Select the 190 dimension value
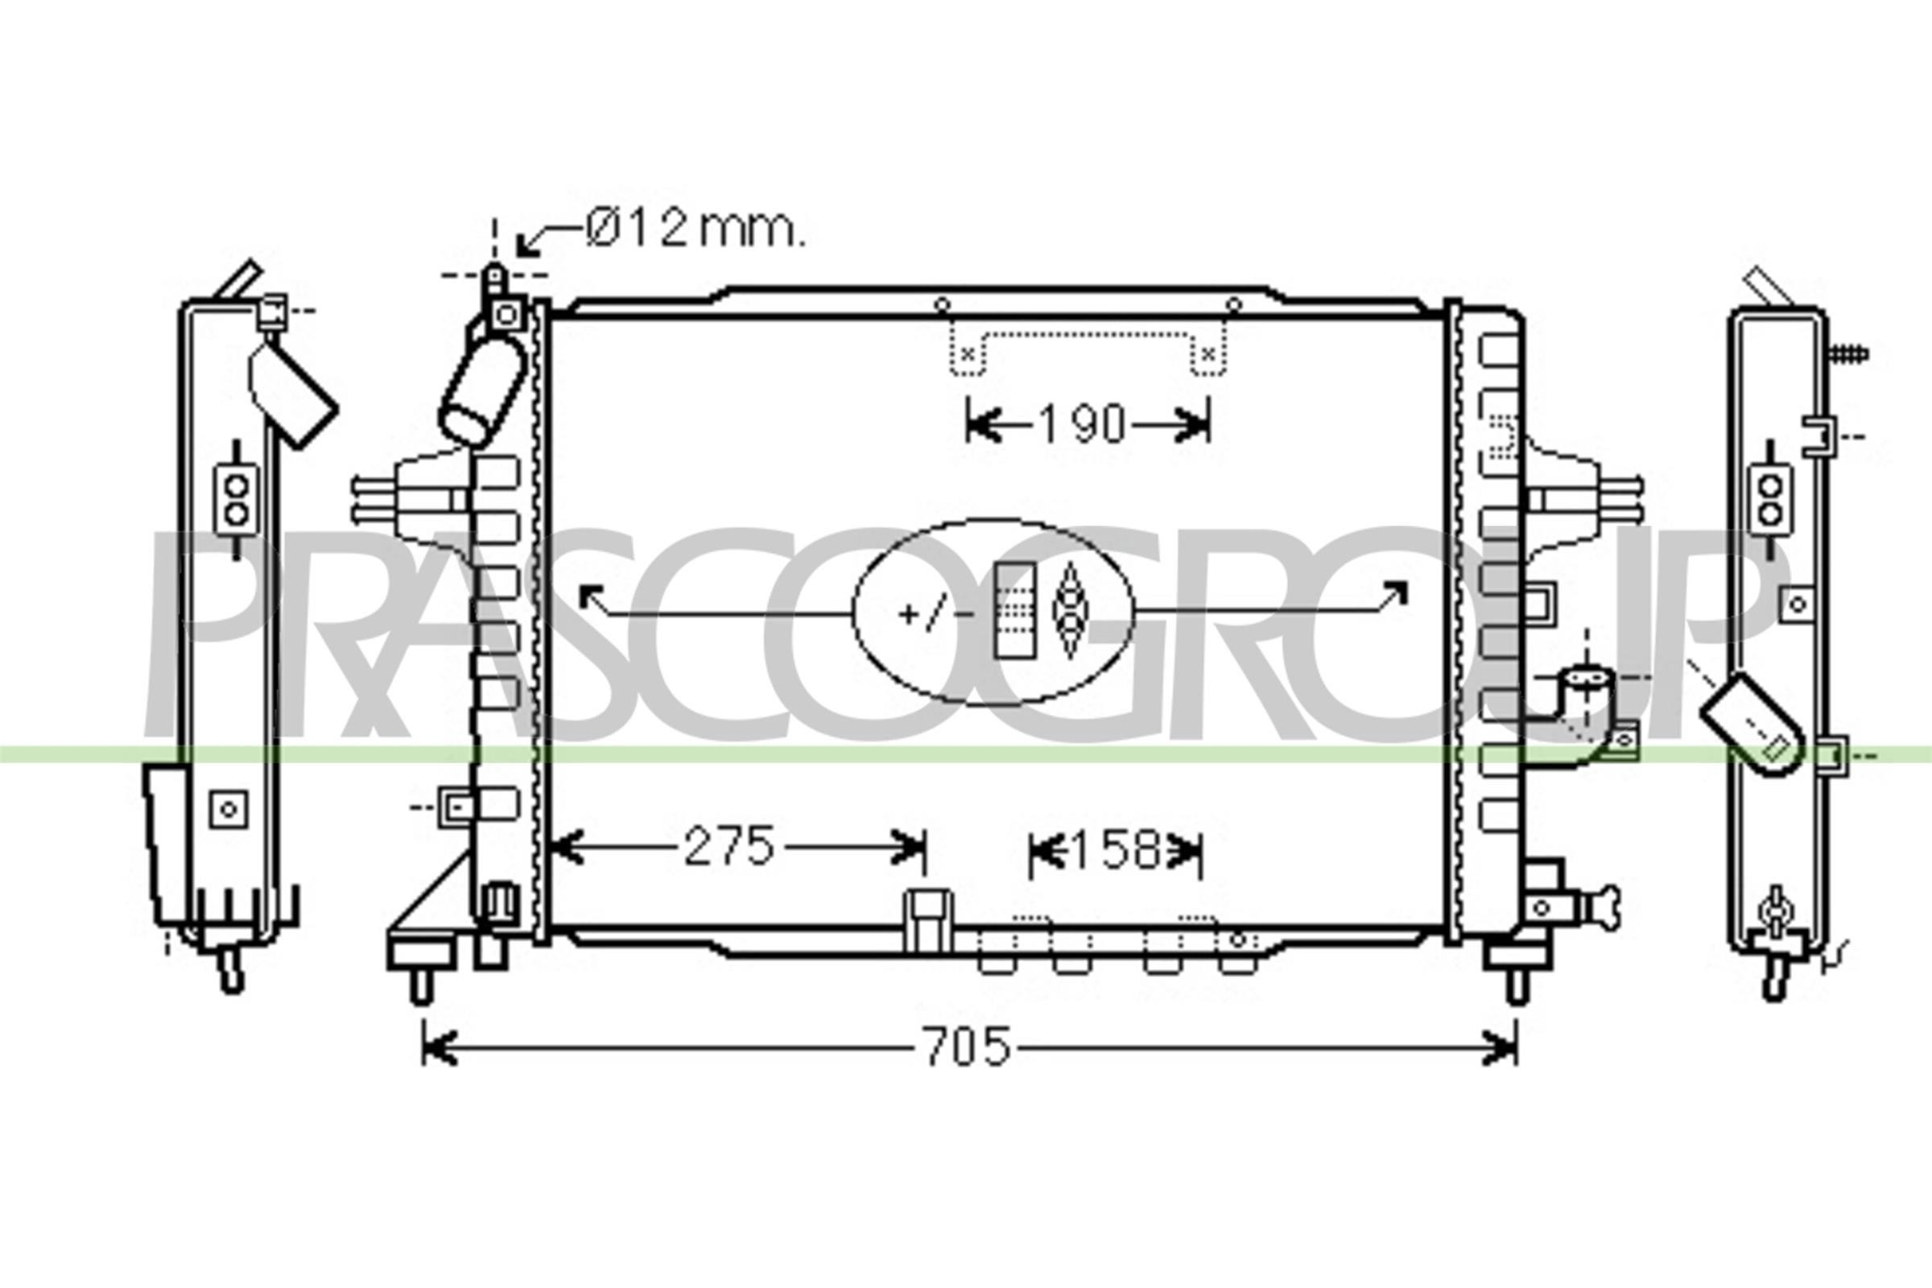pos(1082,425)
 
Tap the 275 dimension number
pos(729,847)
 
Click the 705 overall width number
pos(967,1047)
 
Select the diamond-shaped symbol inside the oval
pos(1069,610)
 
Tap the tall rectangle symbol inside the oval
pos(1015,610)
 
